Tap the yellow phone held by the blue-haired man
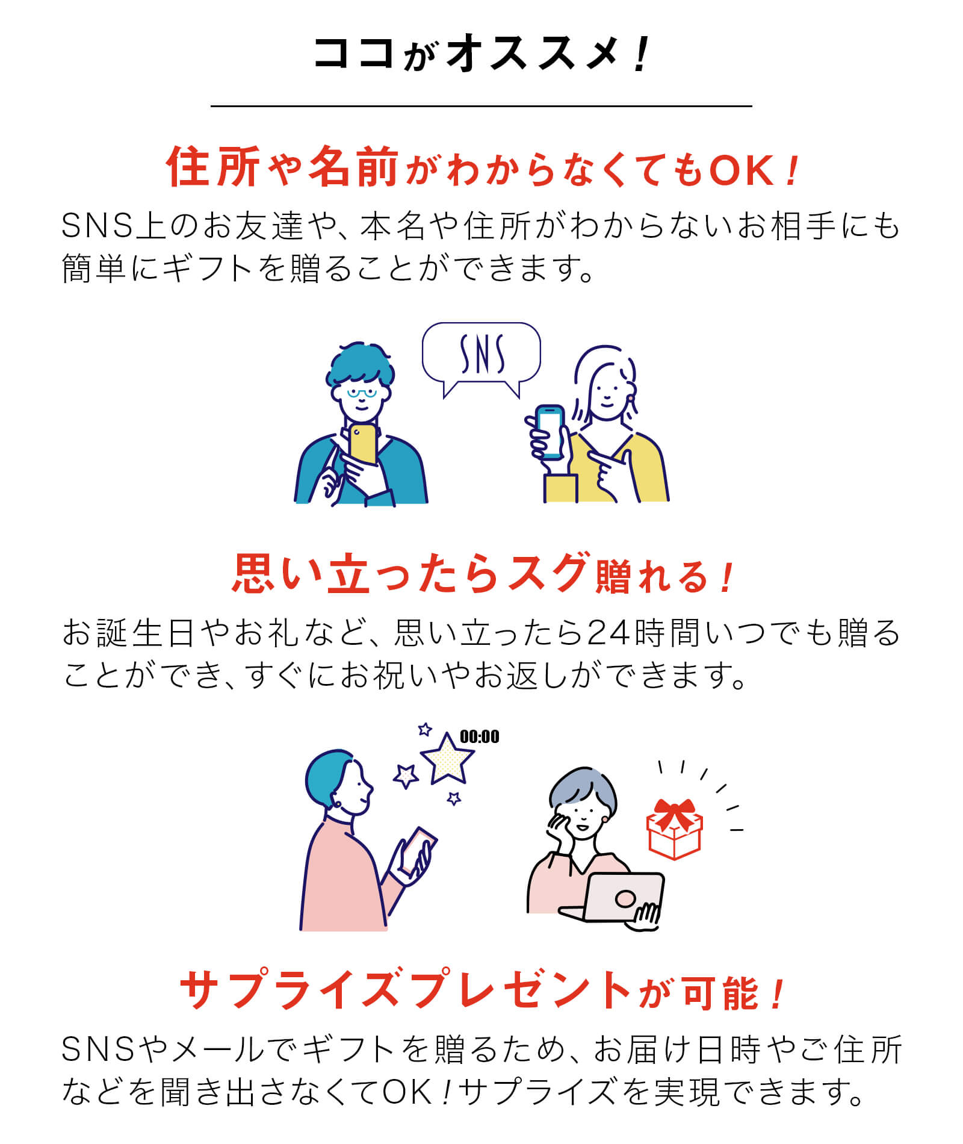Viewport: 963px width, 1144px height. point(363,444)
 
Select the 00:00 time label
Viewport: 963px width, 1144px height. point(479,736)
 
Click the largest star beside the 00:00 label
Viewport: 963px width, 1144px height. point(447,759)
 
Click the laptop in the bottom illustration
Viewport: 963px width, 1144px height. point(614,898)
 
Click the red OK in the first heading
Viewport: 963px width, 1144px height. point(741,170)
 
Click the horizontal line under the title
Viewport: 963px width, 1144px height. point(481,106)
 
